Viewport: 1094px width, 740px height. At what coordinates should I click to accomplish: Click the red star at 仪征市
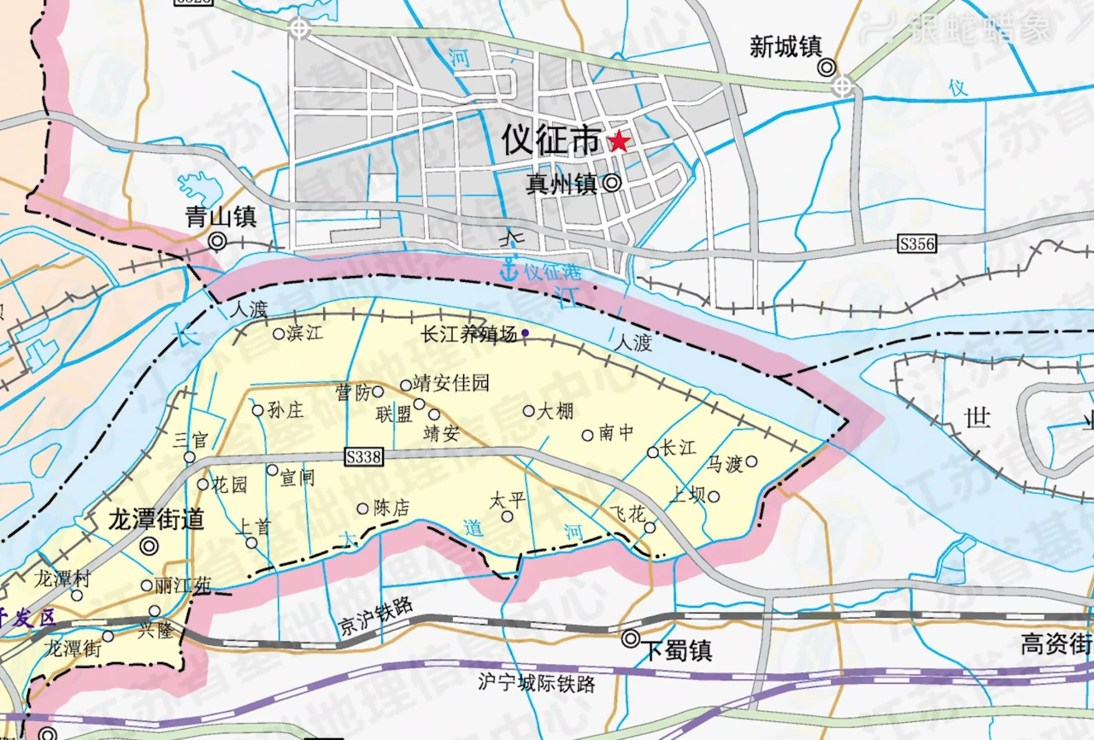coord(618,142)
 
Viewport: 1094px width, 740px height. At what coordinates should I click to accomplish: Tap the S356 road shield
coord(916,244)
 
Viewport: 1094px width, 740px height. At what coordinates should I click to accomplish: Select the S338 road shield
coord(363,457)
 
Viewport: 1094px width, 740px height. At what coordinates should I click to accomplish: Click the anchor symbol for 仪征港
coord(509,272)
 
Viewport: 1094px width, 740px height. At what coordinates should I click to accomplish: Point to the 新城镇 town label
coord(785,47)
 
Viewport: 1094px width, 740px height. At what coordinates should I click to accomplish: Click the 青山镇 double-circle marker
coord(217,242)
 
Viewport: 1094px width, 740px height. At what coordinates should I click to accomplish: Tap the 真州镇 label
coord(562,184)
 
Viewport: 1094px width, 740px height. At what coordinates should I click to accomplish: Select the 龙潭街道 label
coord(156,520)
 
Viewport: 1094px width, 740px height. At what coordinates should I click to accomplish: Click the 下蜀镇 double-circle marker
coord(631,637)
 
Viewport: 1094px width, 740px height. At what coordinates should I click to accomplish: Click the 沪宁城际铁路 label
coord(537,684)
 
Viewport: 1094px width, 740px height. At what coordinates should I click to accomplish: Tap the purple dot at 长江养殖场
coord(525,333)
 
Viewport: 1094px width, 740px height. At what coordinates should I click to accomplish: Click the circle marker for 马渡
coord(751,461)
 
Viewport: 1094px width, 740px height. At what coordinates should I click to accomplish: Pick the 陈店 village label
coord(391,508)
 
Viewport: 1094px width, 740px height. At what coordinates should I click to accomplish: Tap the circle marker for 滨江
coord(278,334)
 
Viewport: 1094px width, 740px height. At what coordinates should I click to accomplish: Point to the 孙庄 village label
coord(285,411)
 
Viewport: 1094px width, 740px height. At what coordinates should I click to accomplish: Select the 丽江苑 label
coord(181,586)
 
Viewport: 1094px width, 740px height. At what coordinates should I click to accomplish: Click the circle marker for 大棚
coord(528,411)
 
